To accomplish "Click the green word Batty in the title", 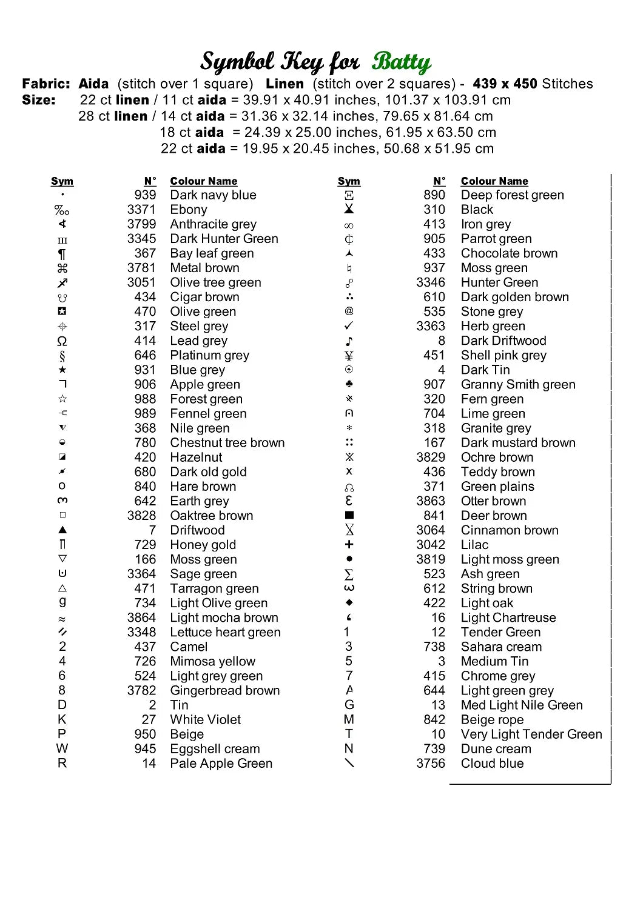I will click(x=401, y=62).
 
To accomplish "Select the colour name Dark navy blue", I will click(x=213, y=195).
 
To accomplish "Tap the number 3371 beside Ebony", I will click(x=141, y=210).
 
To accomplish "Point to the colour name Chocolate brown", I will click(x=509, y=253).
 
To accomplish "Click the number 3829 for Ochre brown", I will click(x=431, y=458).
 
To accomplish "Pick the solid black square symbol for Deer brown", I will click(x=349, y=515).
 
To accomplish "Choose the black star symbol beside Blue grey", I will click(x=62, y=370).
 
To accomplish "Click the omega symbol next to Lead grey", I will click(x=62, y=341).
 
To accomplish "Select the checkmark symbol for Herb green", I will click(x=349, y=326).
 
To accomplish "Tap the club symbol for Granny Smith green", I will click(x=349, y=384).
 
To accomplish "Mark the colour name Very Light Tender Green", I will click(x=531, y=734).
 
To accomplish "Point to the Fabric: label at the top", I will click(x=46, y=84).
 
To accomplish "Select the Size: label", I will click(x=39, y=100).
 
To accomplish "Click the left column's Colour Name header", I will click(x=204, y=181).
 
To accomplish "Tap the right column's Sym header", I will click(x=349, y=181).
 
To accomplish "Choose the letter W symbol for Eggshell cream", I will click(x=62, y=748).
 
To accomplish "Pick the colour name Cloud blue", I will click(x=492, y=764).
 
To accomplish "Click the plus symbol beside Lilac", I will click(x=349, y=544).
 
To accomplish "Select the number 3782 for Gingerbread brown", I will click(x=141, y=691).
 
